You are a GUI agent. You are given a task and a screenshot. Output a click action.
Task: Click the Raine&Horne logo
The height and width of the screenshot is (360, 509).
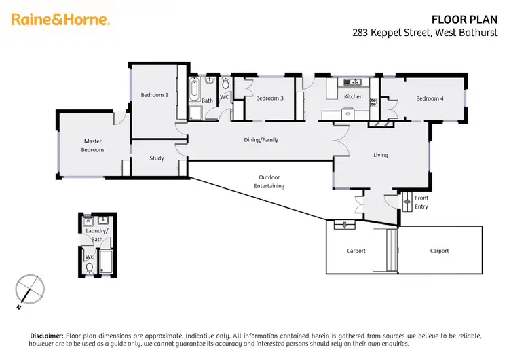point(60,20)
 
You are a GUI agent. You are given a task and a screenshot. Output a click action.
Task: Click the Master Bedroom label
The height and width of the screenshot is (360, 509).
point(93,145)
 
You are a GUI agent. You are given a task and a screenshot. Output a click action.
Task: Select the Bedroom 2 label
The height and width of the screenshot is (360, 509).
point(154,95)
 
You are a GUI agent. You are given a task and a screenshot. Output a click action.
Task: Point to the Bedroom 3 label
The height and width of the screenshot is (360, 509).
point(269,98)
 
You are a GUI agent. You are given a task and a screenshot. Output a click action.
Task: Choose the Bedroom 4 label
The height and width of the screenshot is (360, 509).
point(430,98)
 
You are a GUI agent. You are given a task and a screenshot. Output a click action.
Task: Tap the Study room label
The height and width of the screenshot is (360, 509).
point(157,158)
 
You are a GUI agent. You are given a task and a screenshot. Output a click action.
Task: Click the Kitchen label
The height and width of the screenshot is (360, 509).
point(353,97)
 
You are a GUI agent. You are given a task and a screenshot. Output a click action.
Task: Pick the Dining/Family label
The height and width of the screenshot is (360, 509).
point(261,140)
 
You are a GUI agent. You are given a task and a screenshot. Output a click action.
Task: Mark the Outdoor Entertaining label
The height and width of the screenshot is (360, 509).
point(269,181)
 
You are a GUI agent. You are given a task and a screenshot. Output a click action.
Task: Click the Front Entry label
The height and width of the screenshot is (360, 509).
point(421,202)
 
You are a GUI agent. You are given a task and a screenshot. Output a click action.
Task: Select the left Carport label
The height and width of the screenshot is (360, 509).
point(356,251)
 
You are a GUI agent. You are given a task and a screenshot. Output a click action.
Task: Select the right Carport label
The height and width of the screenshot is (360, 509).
point(439,251)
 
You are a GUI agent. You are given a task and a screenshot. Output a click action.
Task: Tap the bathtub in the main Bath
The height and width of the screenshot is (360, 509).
point(194,89)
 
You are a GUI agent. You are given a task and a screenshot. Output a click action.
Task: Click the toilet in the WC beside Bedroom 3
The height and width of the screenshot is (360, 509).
point(225,83)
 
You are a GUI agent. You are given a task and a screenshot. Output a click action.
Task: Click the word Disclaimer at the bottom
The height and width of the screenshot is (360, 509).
point(46,336)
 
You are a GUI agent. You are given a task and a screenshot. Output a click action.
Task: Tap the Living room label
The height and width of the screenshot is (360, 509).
point(380,155)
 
